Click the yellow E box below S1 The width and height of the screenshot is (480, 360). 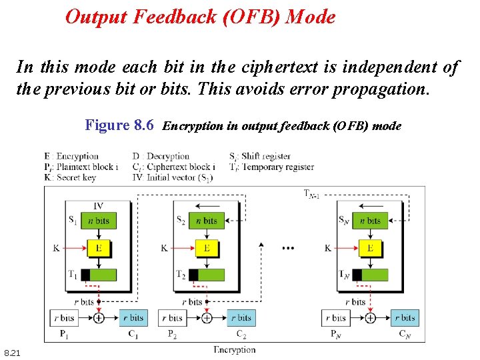point(98,248)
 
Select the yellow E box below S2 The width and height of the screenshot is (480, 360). point(207,248)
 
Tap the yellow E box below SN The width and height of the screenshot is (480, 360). point(370,248)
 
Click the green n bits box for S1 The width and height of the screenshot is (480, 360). point(98,221)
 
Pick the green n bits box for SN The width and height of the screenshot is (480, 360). point(370,221)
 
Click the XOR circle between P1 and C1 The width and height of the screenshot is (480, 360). point(98,318)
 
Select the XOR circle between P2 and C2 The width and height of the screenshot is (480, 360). point(207,318)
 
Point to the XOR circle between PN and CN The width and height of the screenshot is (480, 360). point(370,318)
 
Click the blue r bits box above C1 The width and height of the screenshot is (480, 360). point(133,317)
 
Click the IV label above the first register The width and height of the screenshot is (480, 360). point(98,206)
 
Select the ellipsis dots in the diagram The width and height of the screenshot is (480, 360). point(288,248)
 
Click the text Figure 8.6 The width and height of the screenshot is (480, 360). point(119,125)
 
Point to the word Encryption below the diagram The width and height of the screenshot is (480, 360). point(234,349)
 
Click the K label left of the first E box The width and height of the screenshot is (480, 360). point(57,248)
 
